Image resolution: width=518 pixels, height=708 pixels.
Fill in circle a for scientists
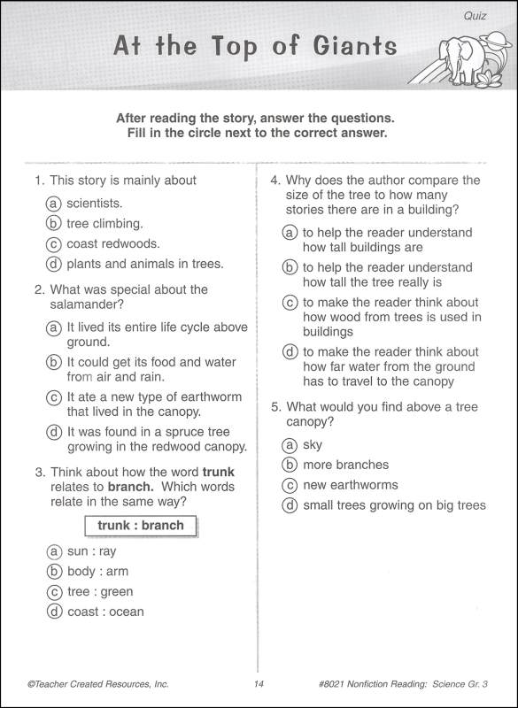coord(55,204)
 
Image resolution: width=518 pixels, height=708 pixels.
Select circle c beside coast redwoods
coord(55,244)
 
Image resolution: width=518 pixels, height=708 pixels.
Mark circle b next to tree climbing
coord(55,224)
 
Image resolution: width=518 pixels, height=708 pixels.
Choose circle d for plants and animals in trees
coord(55,265)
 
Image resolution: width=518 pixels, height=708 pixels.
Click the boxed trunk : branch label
coord(141,526)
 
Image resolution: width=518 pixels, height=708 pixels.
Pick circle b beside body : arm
coord(55,572)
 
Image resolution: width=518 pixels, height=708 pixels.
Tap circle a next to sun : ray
coord(55,551)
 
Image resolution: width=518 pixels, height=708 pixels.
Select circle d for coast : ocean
coord(55,612)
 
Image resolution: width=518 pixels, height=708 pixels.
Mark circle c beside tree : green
coord(55,592)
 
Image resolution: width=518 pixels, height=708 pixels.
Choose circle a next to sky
coord(290,445)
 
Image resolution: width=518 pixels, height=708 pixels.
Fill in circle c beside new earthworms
coord(290,486)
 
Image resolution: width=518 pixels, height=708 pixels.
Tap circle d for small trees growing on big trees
coord(290,506)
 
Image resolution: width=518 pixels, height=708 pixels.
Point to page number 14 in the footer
coord(259,684)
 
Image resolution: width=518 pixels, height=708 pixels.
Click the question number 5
coord(274,406)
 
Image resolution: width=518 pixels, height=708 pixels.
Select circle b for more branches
coord(290,466)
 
